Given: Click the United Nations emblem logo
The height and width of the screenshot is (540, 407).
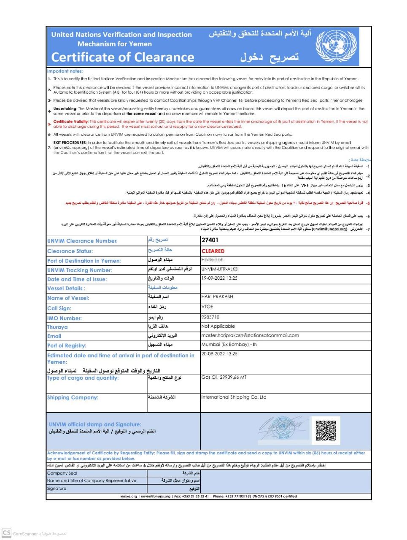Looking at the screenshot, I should point(336,46).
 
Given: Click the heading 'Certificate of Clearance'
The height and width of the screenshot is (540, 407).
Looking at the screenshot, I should point(123,57).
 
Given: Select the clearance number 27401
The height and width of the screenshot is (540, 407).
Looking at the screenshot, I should point(210,240).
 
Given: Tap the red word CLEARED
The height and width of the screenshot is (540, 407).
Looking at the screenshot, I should point(213,251).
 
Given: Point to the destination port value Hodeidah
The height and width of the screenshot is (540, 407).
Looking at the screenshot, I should point(213,260).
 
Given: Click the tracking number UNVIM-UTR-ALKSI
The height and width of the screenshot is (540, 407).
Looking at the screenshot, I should point(220,269).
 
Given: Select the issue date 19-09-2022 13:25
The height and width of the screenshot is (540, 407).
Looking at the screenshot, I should point(219,278).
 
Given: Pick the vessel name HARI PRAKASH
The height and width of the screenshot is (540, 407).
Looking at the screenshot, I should point(217,297).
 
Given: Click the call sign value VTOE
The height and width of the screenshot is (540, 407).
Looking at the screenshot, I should point(208,307).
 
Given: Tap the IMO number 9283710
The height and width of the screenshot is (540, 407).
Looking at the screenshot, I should point(210,317).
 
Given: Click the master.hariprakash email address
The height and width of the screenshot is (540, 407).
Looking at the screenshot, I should point(250,335).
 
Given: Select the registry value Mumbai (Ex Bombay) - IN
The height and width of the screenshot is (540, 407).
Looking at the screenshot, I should point(229,344).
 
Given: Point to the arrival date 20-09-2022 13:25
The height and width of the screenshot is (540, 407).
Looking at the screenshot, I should point(219,354).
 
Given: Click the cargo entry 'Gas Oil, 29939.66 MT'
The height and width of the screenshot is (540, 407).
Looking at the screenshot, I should point(224,377).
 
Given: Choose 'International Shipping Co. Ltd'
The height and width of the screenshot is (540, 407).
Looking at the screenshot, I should point(234,397).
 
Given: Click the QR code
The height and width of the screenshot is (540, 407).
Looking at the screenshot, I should point(326,430).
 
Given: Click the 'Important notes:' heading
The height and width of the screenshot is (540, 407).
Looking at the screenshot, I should point(65,71).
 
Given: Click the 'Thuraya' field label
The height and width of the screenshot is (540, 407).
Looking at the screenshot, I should point(57,327).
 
